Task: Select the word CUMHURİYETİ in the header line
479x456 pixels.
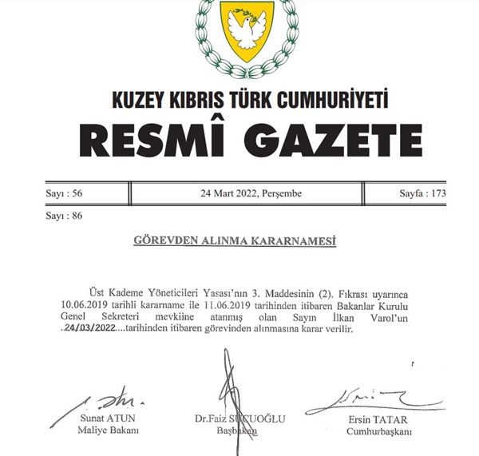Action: pos(336,101)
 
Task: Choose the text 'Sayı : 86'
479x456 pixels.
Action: pos(65,216)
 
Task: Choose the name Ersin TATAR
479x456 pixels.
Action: pos(378,419)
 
